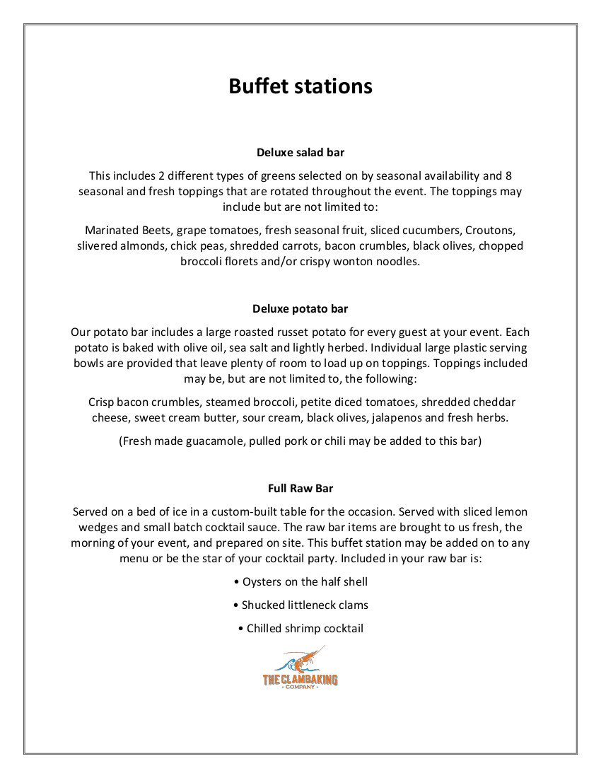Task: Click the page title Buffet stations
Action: click(300, 86)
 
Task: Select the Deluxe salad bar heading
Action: click(300, 152)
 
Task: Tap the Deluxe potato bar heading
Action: click(300, 309)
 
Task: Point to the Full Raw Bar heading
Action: click(300, 488)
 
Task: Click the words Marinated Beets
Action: click(128, 231)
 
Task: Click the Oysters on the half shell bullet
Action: click(300, 582)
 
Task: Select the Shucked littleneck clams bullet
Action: click(300, 605)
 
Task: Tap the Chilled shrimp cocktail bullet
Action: click(300, 629)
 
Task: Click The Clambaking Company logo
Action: click(300, 669)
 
